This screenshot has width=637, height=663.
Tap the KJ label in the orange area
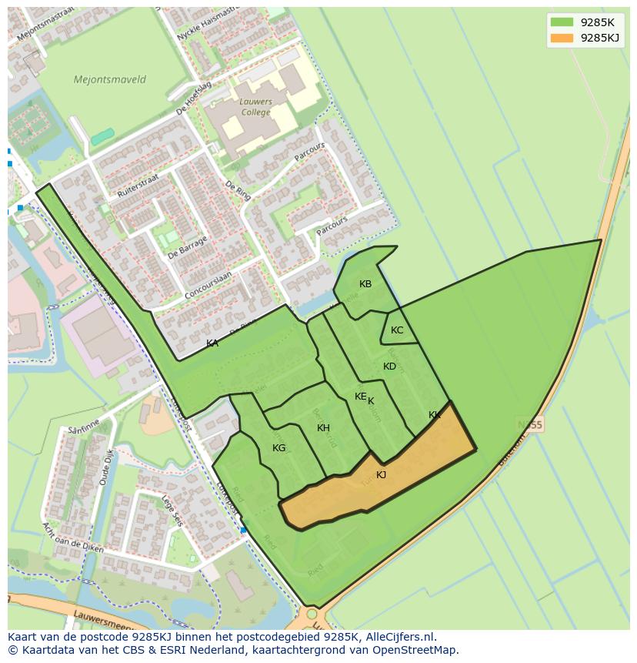[x=381, y=475]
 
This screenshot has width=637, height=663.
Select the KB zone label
[x=365, y=284]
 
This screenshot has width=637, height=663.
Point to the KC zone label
[x=397, y=330]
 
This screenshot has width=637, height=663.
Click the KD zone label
[x=390, y=367]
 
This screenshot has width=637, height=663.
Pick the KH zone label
[x=323, y=428]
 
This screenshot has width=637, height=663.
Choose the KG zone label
[x=278, y=448]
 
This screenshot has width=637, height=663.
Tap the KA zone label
[x=212, y=343]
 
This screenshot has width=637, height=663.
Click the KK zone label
[x=435, y=415]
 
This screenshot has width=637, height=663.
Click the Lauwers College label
[x=255, y=107]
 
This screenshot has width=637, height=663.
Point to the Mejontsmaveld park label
[x=109, y=79]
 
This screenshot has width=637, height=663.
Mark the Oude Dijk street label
[x=105, y=467]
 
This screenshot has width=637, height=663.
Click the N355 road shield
[x=530, y=425]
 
